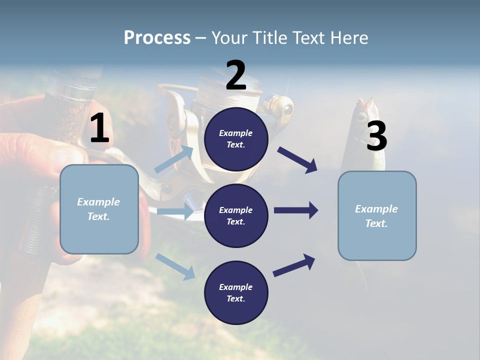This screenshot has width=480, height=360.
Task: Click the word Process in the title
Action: click(x=157, y=37)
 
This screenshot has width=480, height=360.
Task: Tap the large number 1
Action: click(x=99, y=128)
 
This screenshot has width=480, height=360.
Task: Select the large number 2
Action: click(x=236, y=75)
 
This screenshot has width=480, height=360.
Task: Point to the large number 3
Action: click(x=376, y=136)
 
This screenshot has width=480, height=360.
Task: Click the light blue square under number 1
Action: click(x=99, y=209)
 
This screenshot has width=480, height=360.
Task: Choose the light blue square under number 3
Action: click(x=377, y=215)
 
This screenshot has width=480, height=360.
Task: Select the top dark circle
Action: click(x=236, y=139)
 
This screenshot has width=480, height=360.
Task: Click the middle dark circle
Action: click(x=236, y=215)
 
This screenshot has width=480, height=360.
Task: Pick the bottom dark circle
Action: click(x=236, y=292)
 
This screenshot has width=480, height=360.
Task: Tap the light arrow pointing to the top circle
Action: click(x=174, y=159)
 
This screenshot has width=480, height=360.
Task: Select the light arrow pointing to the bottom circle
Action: click(x=175, y=266)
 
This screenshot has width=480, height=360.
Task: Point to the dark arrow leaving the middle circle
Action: click(x=296, y=210)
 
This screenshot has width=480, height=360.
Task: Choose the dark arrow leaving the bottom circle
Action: click(x=294, y=265)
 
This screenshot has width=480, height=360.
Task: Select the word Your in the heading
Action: click(x=228, y=37)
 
